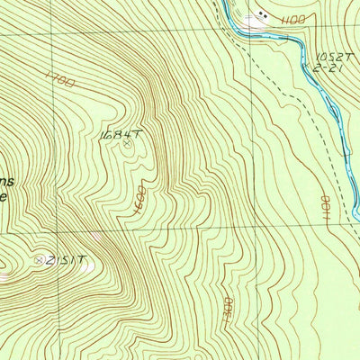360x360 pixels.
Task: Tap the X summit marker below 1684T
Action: pyautogui.click(x=127, y=141)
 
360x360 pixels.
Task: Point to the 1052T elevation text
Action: pyautogui.click(x=329, y=56)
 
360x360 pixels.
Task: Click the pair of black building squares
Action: pyautogui.click(x=263, y=14)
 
